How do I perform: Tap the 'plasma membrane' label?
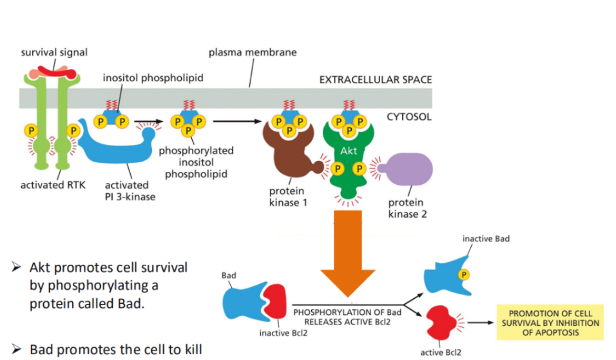click(253, 52)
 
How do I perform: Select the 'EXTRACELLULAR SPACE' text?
click(376, 80)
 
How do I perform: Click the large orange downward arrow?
click(348, 251)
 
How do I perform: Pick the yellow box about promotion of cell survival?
click(550, 323)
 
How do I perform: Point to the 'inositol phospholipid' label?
click(153, 78)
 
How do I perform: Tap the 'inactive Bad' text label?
click(485, 239)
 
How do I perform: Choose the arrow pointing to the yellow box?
click(481, 323)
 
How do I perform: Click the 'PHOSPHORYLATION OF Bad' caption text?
click(347, 312)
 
